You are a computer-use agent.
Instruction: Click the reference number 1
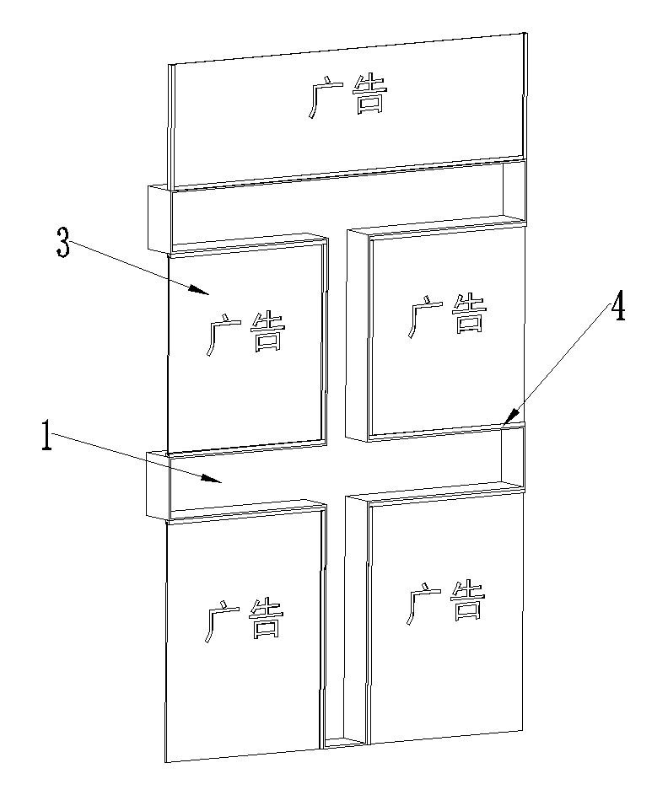(x=48, y=439)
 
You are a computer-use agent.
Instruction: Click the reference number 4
(x=618, y=309)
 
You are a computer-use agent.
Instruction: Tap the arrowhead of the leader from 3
(x=208, y=293)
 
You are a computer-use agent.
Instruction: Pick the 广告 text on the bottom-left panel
(x=244, y=620)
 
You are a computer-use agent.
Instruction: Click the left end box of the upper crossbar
(x=159, y=218)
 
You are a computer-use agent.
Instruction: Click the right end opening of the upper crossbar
(x=514, y=190)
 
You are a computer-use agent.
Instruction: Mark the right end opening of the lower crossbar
(x=514, y=455)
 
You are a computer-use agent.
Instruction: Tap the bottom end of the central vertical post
(x=343, y=743)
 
